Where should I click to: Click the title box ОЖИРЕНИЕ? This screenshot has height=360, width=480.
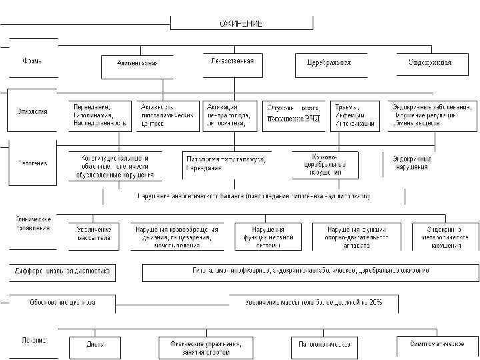click(241, 23)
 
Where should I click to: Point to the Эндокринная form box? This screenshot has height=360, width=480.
click(430, 63)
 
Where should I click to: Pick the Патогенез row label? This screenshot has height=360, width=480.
click(32, 163)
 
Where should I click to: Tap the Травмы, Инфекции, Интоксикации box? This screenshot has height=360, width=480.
click(355, 115)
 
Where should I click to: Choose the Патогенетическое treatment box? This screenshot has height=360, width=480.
click(325, 346)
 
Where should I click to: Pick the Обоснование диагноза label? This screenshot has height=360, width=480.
click(61, 303)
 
